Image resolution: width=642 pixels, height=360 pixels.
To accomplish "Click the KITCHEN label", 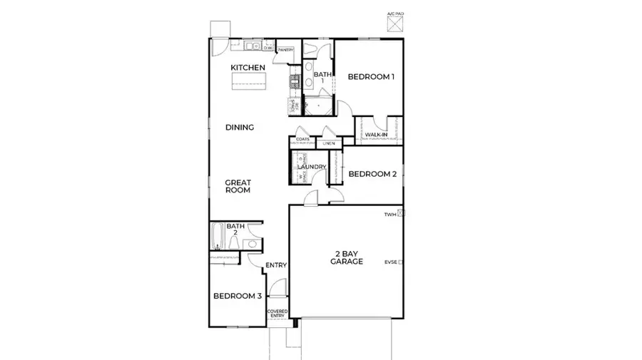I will point(248,68).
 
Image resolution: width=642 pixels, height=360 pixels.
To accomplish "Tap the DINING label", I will point(240,128).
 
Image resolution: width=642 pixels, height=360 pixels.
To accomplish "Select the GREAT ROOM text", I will point(238,186).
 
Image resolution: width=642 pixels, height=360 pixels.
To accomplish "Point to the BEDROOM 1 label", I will point(371,77).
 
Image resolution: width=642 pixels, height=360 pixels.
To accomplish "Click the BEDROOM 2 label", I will point(372,174).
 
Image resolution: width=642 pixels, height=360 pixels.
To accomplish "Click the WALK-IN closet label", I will point(376,134).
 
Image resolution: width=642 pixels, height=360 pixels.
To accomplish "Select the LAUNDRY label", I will point(312,168).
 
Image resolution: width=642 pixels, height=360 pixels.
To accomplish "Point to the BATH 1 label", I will point(323,78).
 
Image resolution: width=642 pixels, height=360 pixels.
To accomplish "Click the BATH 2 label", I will point(235,230).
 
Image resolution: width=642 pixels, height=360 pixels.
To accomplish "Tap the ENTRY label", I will point(276,266).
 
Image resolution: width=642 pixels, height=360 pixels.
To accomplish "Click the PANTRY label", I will point(286,50).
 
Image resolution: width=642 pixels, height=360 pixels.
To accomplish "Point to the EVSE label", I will point(390,262).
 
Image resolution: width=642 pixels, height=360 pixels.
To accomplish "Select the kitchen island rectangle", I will point(248,83).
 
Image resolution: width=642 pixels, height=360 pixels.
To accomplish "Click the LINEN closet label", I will point(328,144).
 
